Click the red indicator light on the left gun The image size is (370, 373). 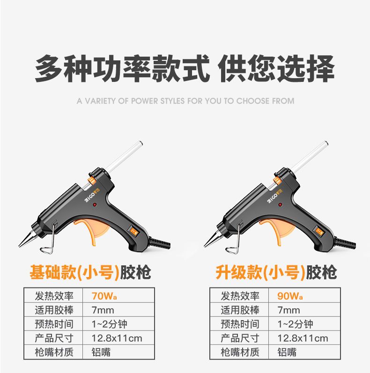pos(95,205)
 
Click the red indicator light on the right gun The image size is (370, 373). pos(280,205)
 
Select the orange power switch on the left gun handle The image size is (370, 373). pos(133,231)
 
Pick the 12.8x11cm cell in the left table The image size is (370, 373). pos(117,338)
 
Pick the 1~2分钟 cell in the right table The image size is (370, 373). pos(295,324)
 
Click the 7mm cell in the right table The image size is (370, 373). pos(289,310)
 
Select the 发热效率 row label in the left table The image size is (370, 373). pos(54,296)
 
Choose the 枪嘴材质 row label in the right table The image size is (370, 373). pos(240,352)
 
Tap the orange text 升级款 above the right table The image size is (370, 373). pos(238,272)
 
